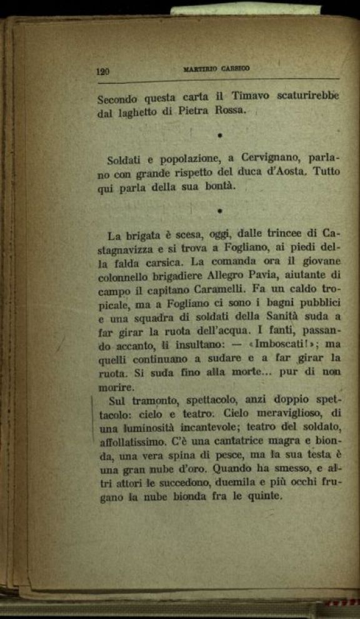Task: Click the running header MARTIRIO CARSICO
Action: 217,69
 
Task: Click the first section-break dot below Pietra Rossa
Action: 220,135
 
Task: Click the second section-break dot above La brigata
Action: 220,211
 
